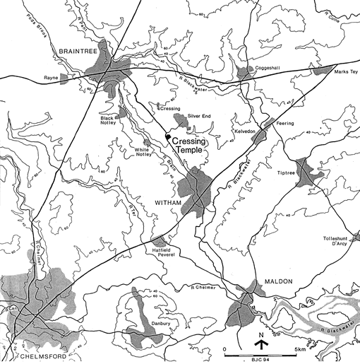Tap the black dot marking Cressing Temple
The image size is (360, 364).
[x=167, y=136]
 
